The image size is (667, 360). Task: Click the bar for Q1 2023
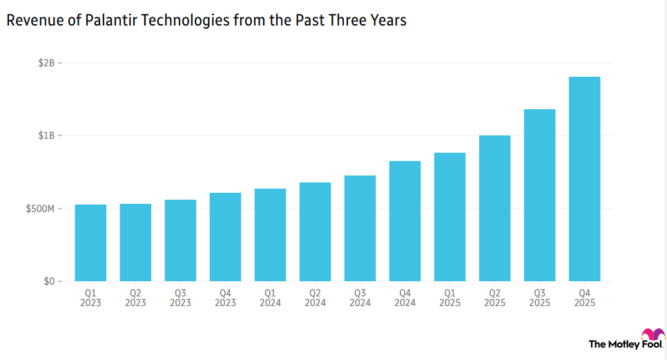[x=90, y=243]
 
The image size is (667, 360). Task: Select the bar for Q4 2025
[x=584, y=179]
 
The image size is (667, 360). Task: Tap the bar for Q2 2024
[x=315, y=232]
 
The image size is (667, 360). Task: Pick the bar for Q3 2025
[x=539, y=196]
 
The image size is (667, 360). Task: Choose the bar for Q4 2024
[x=405, y=221]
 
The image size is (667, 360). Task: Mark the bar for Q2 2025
[x=494, y=209]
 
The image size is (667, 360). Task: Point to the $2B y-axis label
[x=46, y=63]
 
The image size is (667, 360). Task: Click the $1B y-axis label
[x=46, y=135]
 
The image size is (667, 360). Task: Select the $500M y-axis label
[x=41, y=209]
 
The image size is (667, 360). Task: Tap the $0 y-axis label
[x=49, y=282]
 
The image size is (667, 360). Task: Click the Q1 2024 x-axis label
[x=270, y=298]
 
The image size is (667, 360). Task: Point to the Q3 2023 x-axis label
[x=180, y=298]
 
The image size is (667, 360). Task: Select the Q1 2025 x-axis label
[x=449, y=298]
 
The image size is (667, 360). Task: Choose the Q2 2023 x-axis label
[x=135, y=298]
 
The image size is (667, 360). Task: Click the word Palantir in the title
[x=107, y=21]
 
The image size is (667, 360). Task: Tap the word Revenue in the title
[x=30, y=21]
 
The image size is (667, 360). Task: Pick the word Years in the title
[x=388, y=21]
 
